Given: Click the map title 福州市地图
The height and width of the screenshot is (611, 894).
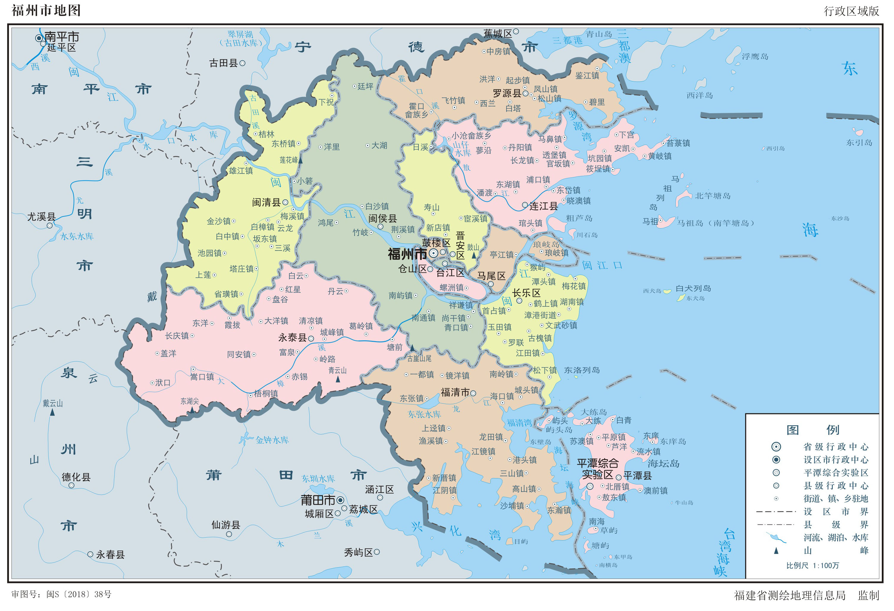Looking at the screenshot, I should point(46,10).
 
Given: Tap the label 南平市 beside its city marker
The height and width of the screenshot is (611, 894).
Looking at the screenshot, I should point(62,37).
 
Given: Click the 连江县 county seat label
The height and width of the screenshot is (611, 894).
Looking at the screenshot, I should point(543,206).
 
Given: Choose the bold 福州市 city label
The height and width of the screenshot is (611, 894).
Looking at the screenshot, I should point(407,254).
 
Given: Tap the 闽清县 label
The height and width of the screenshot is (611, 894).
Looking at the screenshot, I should point(266,202).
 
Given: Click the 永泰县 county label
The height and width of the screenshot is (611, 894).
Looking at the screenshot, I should point(292,338).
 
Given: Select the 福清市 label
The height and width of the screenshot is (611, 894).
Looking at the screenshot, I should point(455,392).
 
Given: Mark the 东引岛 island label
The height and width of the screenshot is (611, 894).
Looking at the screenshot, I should point(859,143).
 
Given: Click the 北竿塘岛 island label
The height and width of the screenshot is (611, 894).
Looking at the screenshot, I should point(712,196).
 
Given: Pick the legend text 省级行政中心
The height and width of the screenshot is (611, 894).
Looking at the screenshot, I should point(835,447).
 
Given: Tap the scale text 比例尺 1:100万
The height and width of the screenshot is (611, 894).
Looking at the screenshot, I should point(813,566).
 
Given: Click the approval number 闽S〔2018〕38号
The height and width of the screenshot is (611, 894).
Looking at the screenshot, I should point(79,594).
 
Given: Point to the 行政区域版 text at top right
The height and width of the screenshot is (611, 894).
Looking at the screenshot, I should point(851,11).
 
